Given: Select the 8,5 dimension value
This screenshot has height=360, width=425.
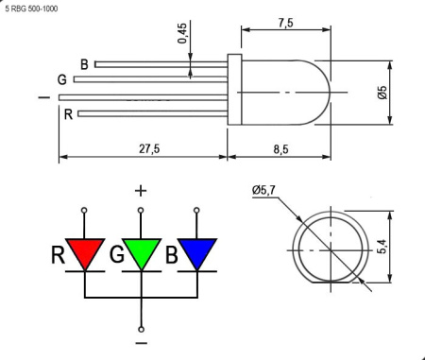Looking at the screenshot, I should (282, 148).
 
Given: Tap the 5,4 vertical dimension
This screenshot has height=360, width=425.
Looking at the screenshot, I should (382, 247).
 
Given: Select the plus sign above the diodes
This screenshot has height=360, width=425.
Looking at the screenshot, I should (141, 190).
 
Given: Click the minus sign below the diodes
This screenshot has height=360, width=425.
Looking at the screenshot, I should (141, 344).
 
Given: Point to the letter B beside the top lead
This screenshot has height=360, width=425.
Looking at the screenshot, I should (84, 64).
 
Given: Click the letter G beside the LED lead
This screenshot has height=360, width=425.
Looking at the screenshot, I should (61, 79).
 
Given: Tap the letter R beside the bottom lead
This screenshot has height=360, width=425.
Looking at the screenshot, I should (69, 114).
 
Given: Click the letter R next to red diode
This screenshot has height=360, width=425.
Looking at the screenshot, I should (59, 253).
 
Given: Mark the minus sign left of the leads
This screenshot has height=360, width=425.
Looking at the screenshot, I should (42, 96).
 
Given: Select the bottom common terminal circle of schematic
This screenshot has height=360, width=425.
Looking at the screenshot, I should (141, 328).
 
